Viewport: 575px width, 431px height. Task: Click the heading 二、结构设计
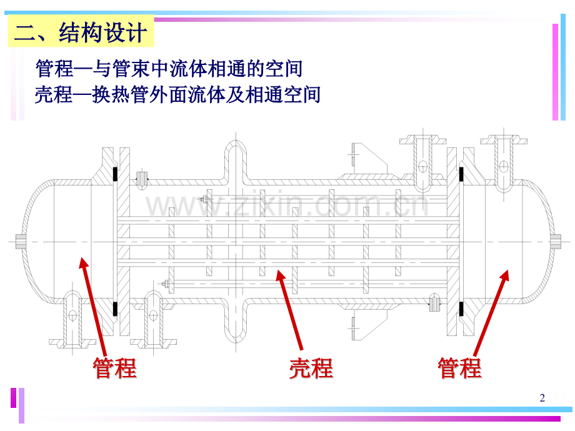(x=81, y=32)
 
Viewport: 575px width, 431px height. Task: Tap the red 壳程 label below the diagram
(x=311, y=369)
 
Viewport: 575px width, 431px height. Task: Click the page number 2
(x=542, y=398)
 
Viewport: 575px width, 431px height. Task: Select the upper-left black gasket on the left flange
(x=116, y=174)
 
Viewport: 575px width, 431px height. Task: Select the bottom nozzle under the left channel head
(x=74, y=319)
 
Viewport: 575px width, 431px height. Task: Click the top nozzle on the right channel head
(x=504, y=156)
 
